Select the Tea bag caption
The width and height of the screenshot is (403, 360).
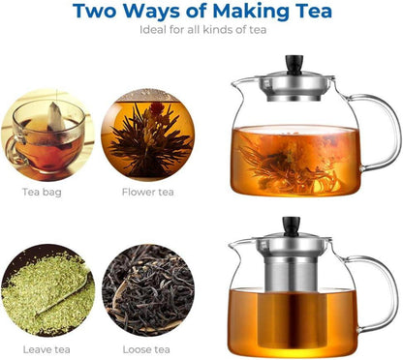point(45,192)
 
